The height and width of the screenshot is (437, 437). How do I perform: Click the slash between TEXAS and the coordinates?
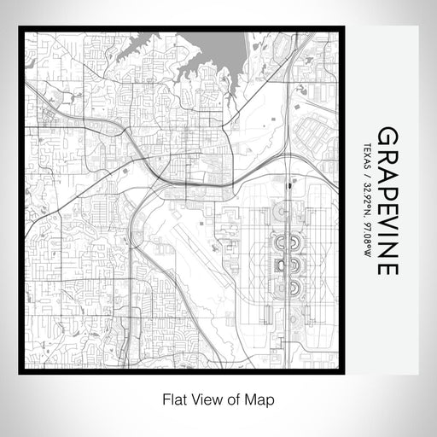point(367,176)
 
